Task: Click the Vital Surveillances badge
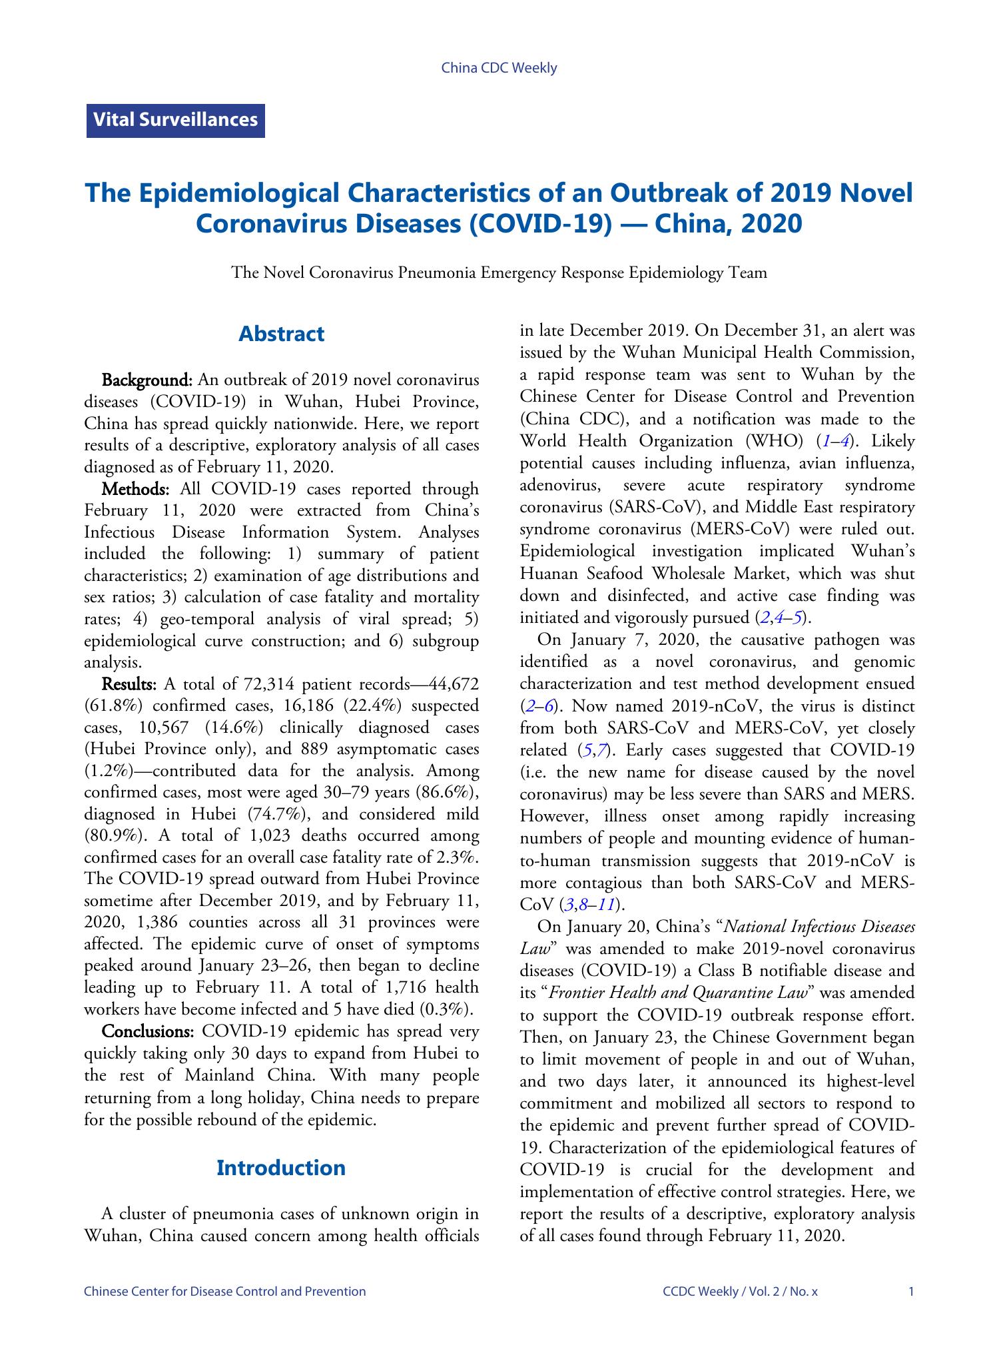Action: pyautogui.click(x=175, y=121)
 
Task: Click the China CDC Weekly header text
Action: pyautogui.click(x=499, y=68)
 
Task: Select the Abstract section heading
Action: pyautogui.click(x=281, y=334)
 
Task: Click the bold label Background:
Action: pyautogui.click(x=147, y=380)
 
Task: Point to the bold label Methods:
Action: pyautogui.click(x=136, y=489)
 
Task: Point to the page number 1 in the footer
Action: pyautogui.click(x=910, y=1292)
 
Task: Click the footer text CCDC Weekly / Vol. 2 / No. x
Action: pyautogui.click(x=740, y=1292)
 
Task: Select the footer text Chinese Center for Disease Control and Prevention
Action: pyautogui.click(x=225, y=1292)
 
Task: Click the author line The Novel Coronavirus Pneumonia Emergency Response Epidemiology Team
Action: pyautogui.click(x=499, y=272)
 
